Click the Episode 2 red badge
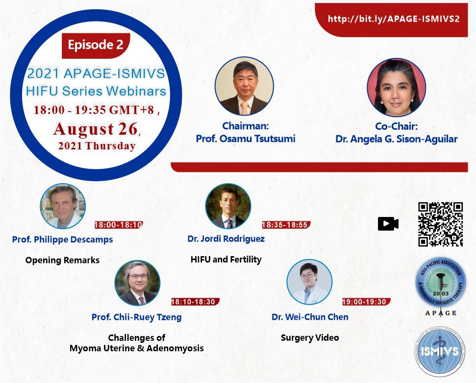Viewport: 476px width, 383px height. click(x=96, y=46)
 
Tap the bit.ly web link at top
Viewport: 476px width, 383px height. click(x=394, y=19)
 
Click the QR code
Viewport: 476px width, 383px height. click(x=440, y=224)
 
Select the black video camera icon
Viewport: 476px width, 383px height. click(x=388, y=224)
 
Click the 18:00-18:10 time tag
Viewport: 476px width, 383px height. click(x=119, y=225)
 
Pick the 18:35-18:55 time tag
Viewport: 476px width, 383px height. click(x=286, y=225)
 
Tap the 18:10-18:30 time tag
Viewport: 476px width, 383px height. click(x=195, y=302)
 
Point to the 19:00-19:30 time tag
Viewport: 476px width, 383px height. click(x=366, y=302)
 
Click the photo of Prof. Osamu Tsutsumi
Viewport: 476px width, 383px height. click(x=244, y=86)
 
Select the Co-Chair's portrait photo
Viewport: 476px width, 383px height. click(x=396, y=87)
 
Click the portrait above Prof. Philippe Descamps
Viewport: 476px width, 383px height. click(x=63, y=206)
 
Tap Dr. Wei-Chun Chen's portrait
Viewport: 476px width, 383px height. click(x=309, y=282)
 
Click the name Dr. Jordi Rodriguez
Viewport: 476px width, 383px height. click(x=226, y=239)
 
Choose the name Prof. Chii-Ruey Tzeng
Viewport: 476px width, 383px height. click(x=137, y=317)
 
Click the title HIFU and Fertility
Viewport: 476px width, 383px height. click(x=226, y=260)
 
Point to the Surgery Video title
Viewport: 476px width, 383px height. click(x=310, y=338)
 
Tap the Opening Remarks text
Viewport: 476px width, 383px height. click(x=63, y=260)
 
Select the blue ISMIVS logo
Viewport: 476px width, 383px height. click(x=440, y=352)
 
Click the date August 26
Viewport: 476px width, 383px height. click(x=96, y=129)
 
